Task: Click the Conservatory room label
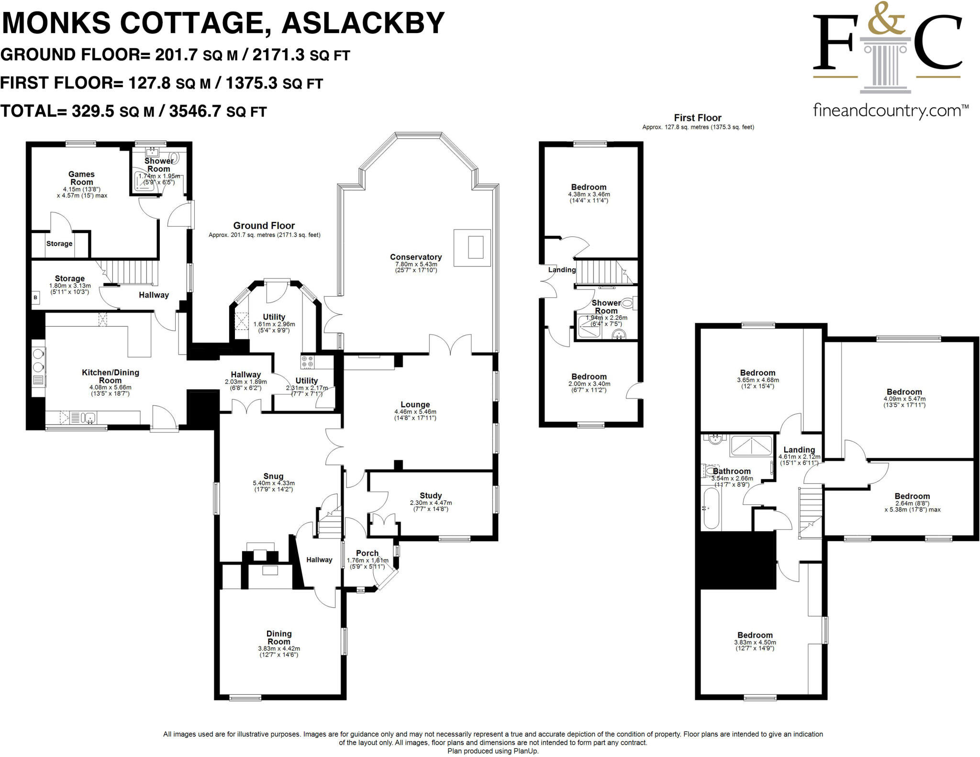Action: click(x=415, y=257)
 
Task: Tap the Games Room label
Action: click(x=81, y=178)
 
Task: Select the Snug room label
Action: click(x=273, y=476)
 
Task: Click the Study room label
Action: click(x=431, y=496)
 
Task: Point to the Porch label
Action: click(x=367, y=553)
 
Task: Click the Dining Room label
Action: click(x=279, y=637)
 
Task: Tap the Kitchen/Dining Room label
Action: click(x=111, y=376)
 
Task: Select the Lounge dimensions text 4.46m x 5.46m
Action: click(x=415, y=412)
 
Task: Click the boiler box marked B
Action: click(x=35, y=298)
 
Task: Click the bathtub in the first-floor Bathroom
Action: click(x=711, y=508)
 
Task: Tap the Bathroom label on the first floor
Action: click(x=732, y=471)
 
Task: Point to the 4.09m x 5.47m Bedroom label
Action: click(x=904, y=392)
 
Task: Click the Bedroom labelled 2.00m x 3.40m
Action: click(x=589, y=377)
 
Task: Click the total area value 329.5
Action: click(x=93, y=111)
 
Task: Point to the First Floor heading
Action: click(x=697, y=118)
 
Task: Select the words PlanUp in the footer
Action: click(x=527, y=751)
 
